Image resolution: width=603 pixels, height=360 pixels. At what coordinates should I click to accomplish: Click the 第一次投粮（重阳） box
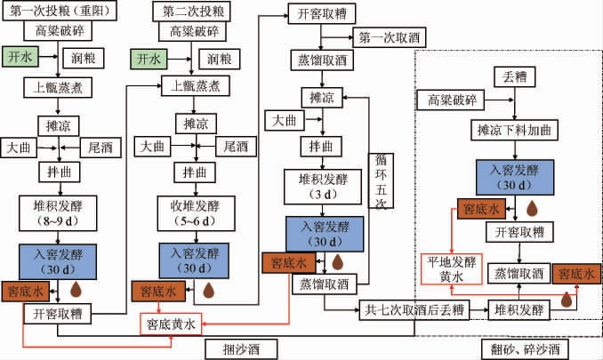click(x=60, y=12)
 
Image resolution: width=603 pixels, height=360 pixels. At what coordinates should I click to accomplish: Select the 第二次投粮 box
click(x=189, y=12)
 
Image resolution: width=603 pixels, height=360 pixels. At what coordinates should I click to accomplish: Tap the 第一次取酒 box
click(x=390, y=37)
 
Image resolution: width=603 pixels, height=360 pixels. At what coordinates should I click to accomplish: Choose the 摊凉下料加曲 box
click(x=512, y=131)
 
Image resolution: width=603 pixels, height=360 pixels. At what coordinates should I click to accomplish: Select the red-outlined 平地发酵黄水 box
click(x=452, y=268)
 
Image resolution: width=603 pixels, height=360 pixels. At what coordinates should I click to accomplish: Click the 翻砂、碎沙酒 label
click(x=524, y=349)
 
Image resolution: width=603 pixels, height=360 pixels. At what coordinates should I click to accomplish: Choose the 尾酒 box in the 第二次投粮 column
click(x=234, y=145)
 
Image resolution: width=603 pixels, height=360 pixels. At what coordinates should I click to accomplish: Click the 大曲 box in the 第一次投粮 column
click(x=20, y=145)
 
